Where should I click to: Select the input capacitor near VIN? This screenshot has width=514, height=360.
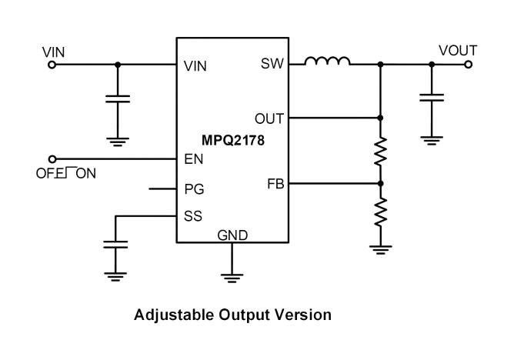point(118,99)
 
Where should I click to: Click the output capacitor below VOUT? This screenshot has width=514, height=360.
point(431,98)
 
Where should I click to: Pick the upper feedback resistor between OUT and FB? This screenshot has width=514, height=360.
point(381,152)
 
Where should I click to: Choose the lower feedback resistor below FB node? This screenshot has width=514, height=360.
point(381,211)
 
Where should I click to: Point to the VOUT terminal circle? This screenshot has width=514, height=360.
point(469,65)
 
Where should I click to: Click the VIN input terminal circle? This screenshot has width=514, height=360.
point(52,65)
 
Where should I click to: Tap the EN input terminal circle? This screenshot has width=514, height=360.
point(52,158)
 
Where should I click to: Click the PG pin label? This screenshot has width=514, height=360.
point(195,188)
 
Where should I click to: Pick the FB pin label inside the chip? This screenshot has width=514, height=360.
point(273,184)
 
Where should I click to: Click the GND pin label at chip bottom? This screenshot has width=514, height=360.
point(232,235)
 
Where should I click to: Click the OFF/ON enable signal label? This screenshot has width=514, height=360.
point(65,174)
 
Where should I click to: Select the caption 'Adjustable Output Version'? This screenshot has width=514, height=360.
point(232,315)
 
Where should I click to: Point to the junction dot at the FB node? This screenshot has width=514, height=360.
point(381,184)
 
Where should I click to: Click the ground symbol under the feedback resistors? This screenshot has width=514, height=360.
point(381,248)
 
